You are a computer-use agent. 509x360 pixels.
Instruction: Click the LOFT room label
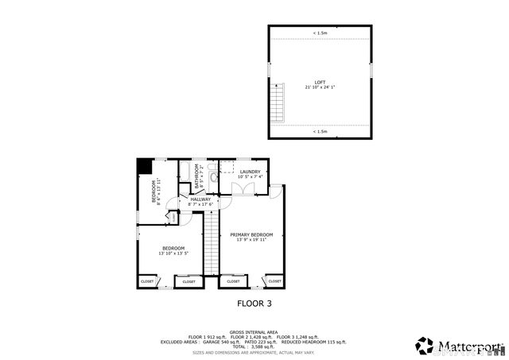tap(320, 82)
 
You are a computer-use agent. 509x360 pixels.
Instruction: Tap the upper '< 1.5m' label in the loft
tap(320, 33)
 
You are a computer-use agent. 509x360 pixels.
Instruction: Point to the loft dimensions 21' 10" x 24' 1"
tap(320, 87)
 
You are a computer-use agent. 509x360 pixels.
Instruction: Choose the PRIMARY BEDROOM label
tap(251, 234)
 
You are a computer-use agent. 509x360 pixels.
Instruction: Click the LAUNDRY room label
tap(251, 172)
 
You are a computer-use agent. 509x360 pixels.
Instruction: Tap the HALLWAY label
tap(200, 199)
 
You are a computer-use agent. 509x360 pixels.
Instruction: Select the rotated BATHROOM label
tap(196, 178)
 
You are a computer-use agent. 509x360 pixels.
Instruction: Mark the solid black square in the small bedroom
tap(144, 166)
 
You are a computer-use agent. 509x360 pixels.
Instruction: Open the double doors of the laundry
tap(243, 189)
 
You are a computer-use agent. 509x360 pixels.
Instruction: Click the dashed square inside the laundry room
tap(227, 168)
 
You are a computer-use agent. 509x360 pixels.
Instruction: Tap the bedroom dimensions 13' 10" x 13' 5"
tap(173, 254)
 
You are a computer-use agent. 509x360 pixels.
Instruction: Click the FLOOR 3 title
tap(254, 303)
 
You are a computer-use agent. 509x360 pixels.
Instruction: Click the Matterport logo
tap(459, 346)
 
